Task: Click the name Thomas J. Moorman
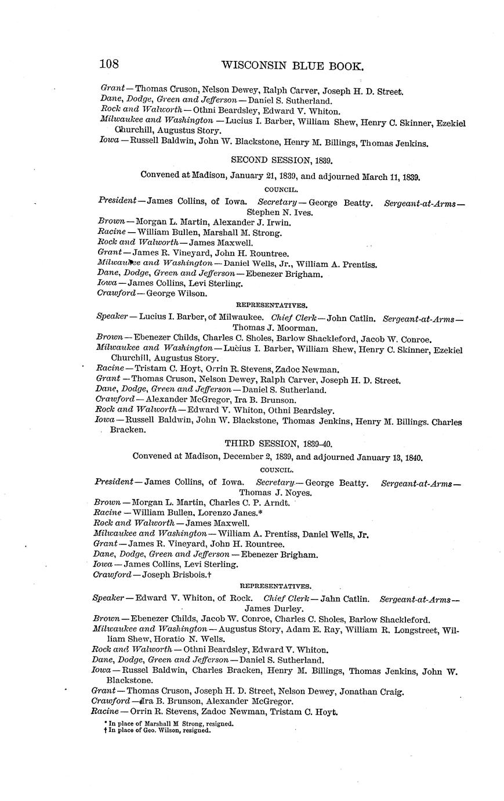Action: tap(275, 328)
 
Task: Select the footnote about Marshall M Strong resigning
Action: tap(169, 724)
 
